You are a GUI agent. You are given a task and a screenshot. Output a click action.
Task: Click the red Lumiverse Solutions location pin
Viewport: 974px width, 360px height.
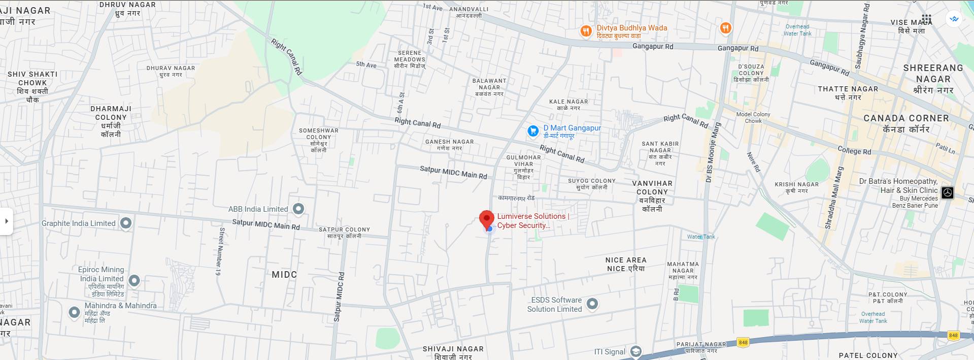click(487, 219)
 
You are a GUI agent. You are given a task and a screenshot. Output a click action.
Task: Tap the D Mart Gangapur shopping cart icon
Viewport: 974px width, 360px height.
click(533, 132)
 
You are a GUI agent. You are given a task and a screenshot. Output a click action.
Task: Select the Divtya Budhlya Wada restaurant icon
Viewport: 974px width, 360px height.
click(586, 31)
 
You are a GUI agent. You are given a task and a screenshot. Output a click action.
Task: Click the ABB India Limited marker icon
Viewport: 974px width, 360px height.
click(299, 209)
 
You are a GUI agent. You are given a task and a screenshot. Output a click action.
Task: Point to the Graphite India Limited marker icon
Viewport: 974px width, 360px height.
click(126, 223)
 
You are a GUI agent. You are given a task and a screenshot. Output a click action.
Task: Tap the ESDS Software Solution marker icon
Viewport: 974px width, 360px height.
click(592, 304)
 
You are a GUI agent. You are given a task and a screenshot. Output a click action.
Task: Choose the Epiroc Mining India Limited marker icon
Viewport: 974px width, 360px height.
click(134, 280)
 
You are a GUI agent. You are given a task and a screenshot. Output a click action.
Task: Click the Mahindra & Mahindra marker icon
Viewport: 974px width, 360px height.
click(75, 312)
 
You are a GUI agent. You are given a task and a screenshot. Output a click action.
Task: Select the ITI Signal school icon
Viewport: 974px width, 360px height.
click(635, 351)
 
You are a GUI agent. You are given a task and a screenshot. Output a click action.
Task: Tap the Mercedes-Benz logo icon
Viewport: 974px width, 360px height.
click(947, 193)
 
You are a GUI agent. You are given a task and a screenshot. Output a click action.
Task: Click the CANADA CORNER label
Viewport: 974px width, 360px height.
click(906, 118)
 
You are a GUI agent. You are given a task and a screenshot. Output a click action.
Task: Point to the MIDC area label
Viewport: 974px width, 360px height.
click(284, 275)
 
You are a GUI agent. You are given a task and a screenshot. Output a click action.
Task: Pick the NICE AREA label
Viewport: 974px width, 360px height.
click(626, 260)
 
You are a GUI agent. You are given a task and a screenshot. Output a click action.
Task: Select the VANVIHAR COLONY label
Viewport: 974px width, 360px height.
click(652, 188)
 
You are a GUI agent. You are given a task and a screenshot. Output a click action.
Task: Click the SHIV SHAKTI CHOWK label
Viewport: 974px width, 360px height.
click(32, 79)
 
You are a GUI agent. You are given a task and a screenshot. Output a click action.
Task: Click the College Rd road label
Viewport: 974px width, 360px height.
click(854, 150)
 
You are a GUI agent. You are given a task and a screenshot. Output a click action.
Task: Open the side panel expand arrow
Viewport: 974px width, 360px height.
click(7, 221)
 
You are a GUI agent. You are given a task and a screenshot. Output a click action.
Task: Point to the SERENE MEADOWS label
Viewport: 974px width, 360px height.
click(410, 56)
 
